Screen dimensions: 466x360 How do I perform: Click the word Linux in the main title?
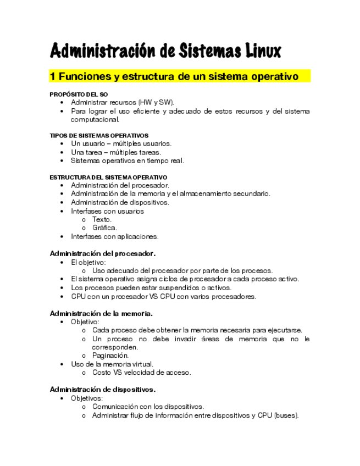point(259,52)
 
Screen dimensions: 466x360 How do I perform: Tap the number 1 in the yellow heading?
point(53,76)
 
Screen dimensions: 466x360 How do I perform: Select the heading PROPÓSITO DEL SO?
point(79,95)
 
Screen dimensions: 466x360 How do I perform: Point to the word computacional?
point(95,119)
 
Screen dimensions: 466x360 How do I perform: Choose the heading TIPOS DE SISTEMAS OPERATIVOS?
point(99,135)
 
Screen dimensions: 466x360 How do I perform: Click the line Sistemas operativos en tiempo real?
point(127,161)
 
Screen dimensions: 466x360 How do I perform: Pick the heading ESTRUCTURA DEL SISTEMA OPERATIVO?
point(108,177)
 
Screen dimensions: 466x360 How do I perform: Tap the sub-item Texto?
point(102,219)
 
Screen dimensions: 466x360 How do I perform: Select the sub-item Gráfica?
point(104,228)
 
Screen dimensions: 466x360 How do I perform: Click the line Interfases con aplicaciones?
point(114,236)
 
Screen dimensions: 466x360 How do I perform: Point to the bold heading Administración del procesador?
point(103,253)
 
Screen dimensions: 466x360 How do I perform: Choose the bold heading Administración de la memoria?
point(101,313)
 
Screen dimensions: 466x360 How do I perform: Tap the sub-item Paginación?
point(110,356)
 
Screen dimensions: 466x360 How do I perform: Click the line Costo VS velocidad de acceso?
point(141,373)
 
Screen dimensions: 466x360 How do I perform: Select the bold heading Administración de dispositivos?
point(103,389)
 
